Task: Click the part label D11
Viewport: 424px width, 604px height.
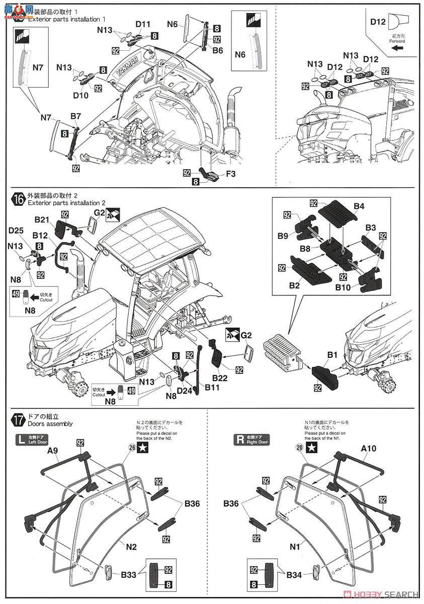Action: point(143,24)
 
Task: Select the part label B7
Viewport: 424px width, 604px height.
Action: point(75,116)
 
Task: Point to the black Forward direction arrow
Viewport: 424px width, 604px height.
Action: point(396,48)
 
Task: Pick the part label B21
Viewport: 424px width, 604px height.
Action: point(41,219)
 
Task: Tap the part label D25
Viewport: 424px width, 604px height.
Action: point(16,231)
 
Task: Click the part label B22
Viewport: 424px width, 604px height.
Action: point(220,378)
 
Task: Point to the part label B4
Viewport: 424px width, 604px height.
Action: point(359,206)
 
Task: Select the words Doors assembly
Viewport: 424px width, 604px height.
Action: point(50,424)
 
